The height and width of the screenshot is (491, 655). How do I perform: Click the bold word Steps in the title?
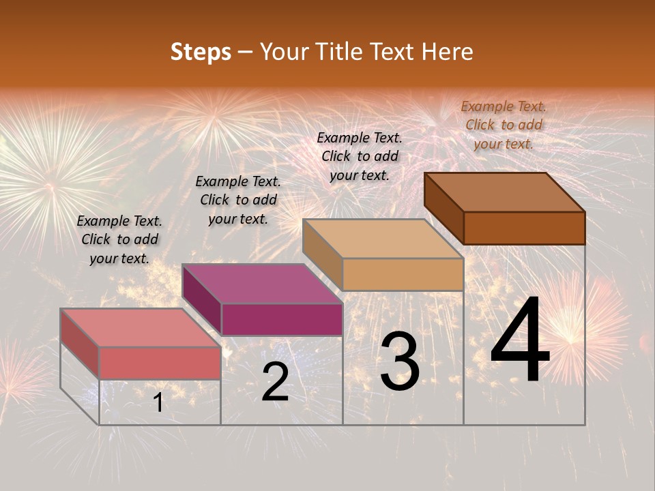(x=201, y=52)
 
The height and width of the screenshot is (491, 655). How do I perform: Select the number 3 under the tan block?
(x=400, y=361)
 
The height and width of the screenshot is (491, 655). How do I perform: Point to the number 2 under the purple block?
(x=275, y=382)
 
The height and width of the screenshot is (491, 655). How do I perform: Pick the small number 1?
(x=158, y=402)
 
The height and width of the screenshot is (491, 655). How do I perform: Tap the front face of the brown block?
(x=524, y=228)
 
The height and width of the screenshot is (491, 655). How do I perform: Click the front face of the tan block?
(x=403, y=275)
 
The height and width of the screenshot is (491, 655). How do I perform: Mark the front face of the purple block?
(x=281, y=319)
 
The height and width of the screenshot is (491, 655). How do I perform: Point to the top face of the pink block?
(x=141, y=327)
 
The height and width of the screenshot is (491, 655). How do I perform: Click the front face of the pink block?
(x=160, y=363)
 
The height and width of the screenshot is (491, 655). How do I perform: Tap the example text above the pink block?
(x=119, y=240)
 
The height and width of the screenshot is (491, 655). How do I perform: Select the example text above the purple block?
(x=238, y=200)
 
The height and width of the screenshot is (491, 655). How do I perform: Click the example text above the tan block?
(x=360, y=156)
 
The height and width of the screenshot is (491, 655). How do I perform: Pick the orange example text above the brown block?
(x=504, y=125)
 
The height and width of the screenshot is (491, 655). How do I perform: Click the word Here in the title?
(x=448, y=52)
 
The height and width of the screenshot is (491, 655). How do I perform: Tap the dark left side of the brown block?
(x=443, y=207)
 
